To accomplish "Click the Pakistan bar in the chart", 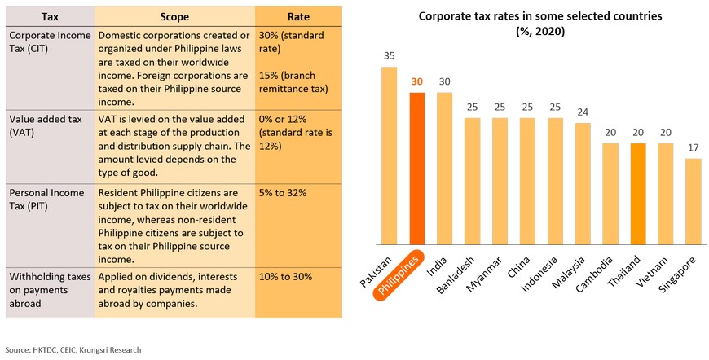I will [389, 155].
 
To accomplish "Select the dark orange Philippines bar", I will [417, 168].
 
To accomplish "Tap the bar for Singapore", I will [693, 201].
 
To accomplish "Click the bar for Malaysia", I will [583, 183].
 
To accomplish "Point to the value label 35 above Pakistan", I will [389, 56].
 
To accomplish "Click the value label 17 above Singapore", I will [693, 148].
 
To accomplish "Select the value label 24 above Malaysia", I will [583, 112].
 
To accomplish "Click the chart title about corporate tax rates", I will [539, 23].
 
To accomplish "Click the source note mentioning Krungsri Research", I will [78, 349].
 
